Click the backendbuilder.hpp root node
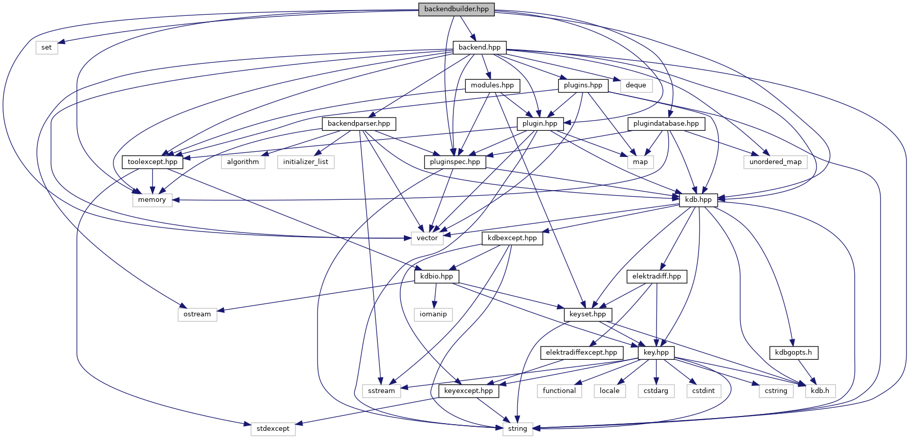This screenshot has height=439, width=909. [x=456, y=9]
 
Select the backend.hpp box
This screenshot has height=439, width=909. [x=479, y=48]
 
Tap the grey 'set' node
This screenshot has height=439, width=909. [x=47, y=48]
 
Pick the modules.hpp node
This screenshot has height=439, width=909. [x=492, y=85]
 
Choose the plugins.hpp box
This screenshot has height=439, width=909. [x=583, y=85]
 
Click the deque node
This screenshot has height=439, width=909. [x=635, y=85]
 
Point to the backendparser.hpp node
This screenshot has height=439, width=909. [x=358, y=124]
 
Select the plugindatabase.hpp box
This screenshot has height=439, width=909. [x=666, y=124]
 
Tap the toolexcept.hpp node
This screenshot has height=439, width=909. [x=152, y=162]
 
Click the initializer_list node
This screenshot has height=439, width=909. [x=306, y=162]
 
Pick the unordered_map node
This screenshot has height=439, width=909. [x=775, y=162]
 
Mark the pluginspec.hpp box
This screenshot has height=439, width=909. [x=454, y=162]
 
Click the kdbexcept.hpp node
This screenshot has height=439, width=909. [x=512, y=238]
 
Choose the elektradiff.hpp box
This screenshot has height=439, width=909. [x=656, y=276]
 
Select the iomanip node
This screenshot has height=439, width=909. [x=433, y=314]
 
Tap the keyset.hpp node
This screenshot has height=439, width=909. [x=587, y=314]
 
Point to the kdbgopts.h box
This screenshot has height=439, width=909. [x=793, y=353]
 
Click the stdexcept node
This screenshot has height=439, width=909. [x=273, y=429]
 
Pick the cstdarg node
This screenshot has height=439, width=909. [x=656, y=391]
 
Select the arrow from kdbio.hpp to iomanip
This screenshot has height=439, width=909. [x=435, y=295]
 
